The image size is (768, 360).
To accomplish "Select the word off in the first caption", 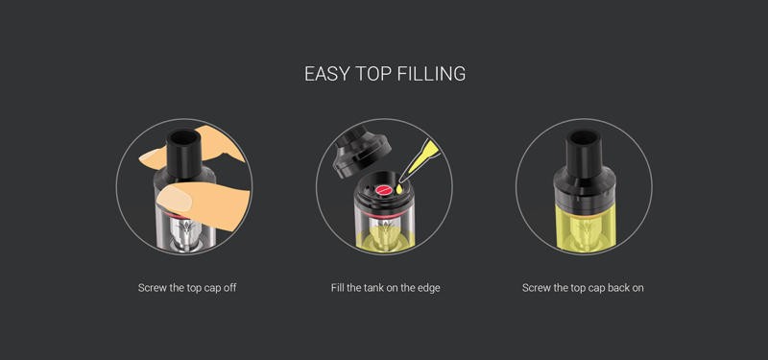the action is (x=229, y=287).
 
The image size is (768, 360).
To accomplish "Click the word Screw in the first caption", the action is (x=153, y=287).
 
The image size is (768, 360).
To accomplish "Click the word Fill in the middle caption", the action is (x=338, y=287).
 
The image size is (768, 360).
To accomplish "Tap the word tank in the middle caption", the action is (x=373, y=287).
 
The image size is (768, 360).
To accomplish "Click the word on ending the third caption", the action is (x=637, y=287).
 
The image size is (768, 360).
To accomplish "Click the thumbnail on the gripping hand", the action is (x=175, y=200).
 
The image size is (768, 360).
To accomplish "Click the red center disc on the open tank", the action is (x=382, y=190).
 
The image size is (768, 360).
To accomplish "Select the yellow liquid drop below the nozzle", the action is (x=399, y=187).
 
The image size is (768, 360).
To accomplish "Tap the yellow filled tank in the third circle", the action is (x=585, y=227).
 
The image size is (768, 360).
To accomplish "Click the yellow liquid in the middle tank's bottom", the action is (x=385, y=238).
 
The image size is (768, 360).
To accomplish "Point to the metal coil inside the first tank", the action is (x=184, y=232).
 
